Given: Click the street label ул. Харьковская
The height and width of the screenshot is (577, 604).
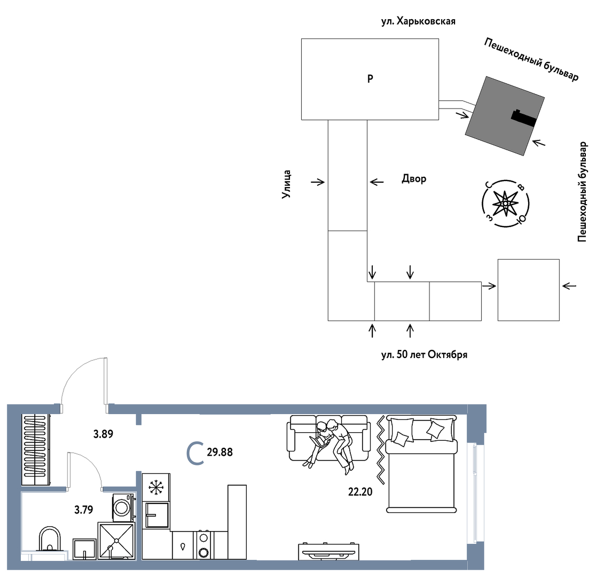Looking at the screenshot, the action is (x=418, y=21).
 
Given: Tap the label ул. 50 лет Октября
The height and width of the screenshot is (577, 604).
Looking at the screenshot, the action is (x=424, y=354).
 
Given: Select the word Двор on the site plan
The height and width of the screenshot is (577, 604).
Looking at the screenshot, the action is (x=414, y=179).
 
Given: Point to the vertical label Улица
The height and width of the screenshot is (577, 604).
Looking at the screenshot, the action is (x=286, y=184).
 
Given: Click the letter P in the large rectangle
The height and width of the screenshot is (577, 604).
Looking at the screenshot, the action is (x=370, y=79).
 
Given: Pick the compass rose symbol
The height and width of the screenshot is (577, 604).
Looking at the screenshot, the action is (x=505, y=203).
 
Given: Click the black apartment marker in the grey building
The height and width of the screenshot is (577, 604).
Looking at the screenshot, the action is (x=523, y=118).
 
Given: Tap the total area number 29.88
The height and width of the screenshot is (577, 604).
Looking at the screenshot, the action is (x=219, y=452).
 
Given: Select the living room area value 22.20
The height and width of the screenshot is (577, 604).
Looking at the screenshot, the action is (x=360, y=492).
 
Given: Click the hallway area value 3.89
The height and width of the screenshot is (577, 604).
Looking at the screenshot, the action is (x=103, y=434).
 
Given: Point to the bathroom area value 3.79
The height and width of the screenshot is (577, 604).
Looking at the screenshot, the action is (x=84, y=510).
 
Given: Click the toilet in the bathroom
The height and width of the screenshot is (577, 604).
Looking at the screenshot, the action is (x=50, y=539).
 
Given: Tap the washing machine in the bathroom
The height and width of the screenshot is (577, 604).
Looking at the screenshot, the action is (x=123, y=507).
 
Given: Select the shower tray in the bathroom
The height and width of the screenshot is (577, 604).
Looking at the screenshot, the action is (x=116, y=540).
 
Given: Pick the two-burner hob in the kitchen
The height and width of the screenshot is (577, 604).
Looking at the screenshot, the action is (x=204, y=545).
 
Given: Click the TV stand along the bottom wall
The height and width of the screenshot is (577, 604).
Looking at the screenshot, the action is (x=328, y=551).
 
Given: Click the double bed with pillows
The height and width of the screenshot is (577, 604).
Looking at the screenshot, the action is (x=421, y=464).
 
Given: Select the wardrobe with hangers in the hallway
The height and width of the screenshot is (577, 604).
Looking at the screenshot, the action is (x=36, y=450).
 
